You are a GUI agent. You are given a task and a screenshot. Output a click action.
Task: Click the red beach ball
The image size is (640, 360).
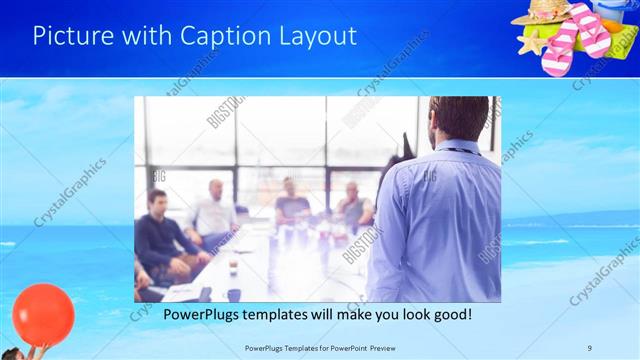[x=43, y=314]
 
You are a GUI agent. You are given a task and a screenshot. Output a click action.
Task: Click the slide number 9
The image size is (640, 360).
[x=589, y=348]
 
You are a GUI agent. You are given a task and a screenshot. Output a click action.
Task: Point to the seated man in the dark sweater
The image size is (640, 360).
[x=160, y=235]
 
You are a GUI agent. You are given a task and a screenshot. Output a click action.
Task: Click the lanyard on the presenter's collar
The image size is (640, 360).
[x=460, y=149]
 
